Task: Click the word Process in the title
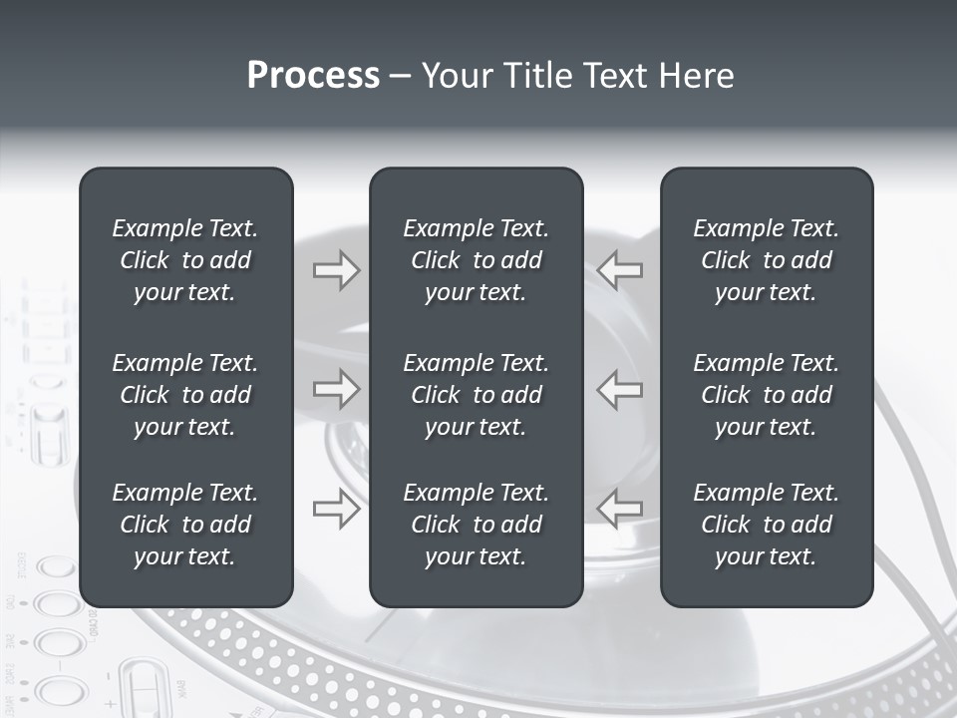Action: [x=313, y=76]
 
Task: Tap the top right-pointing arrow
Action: [x=336, y=269]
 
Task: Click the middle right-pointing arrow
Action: [x=336, y=389]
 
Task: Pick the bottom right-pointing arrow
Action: [x=336, y=509]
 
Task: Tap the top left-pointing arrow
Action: [x=620, y=269]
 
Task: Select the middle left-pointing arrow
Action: [x=620, y=389]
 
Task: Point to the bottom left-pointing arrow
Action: [x=620, y=509]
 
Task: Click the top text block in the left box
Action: [x=185, y=260]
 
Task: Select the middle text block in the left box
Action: [x=185, y=395]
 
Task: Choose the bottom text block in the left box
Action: [x=185, y=525]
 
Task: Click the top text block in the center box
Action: [x=476, y=260]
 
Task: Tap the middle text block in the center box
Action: [x=476, y=395]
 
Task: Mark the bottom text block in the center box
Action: [x=476, y=525]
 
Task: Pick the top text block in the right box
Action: [x=766, y=260]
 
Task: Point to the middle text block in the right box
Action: [x=766, y=395]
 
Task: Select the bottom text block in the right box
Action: [x=766, y=525]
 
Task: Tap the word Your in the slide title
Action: [x=455, y=76]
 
